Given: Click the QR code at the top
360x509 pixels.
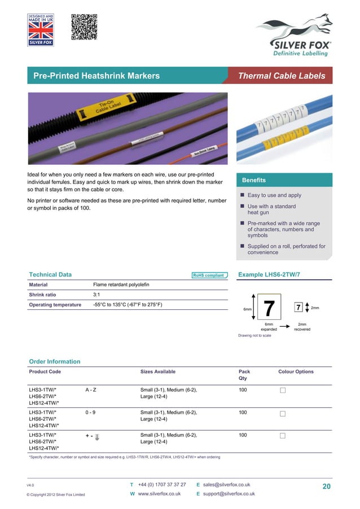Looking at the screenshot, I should pos(85,28).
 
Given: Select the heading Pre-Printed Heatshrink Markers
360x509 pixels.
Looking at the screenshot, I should pos(96,76).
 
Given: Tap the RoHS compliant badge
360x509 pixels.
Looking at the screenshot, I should pos(209,275).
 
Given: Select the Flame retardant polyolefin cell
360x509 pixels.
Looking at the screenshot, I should pos(121,284).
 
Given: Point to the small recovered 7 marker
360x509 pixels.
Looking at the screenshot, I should pos(298,308).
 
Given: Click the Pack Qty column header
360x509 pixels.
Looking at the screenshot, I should pos(244,375).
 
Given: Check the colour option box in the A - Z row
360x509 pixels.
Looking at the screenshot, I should pos(283,390).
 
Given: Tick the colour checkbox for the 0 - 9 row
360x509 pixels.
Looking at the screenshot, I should pos(283,414).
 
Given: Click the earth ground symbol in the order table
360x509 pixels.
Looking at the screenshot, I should pos(98,437).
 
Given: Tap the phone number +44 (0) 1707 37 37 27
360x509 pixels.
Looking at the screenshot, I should pos(161,485).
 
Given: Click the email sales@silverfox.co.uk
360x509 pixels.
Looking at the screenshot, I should pos(226,485).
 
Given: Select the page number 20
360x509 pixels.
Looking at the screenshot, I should pos(326,486).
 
